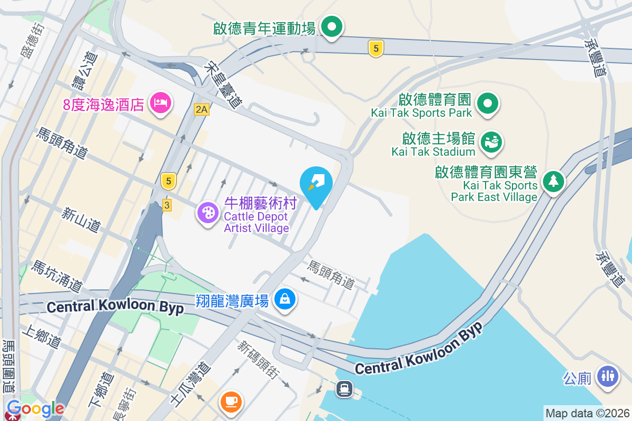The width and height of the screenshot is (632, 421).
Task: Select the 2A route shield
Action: [x=201, y=109]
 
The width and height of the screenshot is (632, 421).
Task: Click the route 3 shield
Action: [x=167, y=205]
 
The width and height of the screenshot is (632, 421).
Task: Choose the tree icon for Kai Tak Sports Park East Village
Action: [x=553, y=182]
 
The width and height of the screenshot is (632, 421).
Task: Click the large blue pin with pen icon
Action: [x=316, y=184]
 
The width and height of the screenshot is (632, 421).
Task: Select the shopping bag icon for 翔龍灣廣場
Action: [x=285, y=299]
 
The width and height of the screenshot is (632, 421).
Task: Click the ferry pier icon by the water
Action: [x=344, y=389]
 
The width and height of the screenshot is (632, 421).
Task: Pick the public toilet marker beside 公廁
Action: [x=608, y=377]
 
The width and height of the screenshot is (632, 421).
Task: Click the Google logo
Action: [x=36, y=408]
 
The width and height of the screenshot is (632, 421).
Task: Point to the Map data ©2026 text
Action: [x=587, y=414]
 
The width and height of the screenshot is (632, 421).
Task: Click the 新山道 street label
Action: [x=81, y=220]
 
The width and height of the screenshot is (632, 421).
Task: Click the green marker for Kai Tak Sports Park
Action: [x=488, y=104]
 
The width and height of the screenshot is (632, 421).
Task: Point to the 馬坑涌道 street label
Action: [x=57, y=276]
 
